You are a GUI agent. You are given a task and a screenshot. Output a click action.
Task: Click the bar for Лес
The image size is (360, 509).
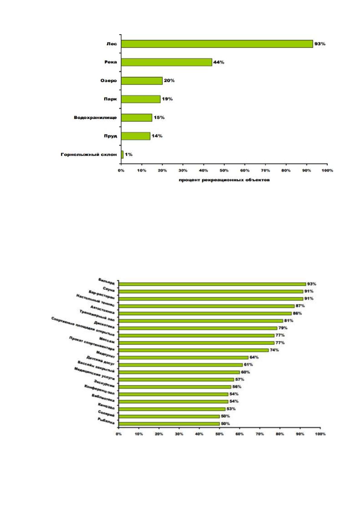(217, 44)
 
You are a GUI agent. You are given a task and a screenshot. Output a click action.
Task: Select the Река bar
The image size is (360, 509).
(167, 62)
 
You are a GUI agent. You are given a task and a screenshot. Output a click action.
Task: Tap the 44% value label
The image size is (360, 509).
(219, 62)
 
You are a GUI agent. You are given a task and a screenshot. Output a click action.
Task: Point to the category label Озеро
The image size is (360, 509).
(109, 81)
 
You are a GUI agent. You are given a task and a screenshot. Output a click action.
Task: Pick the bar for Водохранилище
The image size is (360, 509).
(137, 118)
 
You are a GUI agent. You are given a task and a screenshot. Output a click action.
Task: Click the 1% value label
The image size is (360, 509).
(129, 154)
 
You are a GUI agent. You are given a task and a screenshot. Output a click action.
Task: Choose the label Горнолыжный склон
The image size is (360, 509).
(89, 154)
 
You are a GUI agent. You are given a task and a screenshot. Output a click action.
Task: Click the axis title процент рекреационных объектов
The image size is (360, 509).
(224, 180)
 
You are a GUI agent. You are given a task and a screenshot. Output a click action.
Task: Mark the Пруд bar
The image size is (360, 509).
(135, 136)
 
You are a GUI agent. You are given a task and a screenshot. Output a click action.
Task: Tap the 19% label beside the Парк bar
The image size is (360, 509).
(167, 99)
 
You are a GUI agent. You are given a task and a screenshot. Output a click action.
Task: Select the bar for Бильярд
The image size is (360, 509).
(212, 284)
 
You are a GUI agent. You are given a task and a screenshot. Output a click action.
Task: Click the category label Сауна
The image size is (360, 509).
(109, 290)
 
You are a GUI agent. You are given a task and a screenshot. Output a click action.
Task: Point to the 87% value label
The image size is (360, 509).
(300, 306)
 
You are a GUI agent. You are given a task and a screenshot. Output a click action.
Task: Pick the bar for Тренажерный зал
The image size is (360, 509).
(201, 321)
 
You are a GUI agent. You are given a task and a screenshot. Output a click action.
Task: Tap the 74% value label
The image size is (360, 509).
(274, 350)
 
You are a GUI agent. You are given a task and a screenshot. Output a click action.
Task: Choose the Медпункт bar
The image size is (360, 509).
(183, 358)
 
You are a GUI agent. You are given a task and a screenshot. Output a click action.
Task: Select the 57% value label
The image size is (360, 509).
(239, 379)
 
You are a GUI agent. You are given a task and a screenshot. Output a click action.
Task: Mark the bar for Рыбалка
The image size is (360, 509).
(169, 423)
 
